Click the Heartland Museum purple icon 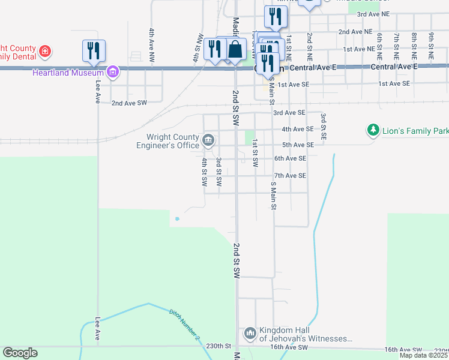[x=112, y=73]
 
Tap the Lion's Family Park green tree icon [x=373, y=130]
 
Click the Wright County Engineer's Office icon [x=208, y=140]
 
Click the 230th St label [x=218, y=346]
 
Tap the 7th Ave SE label [x=290, y=176]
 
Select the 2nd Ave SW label [x=129, y=103]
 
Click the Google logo [x=20, y=353]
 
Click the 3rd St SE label [x=323, y=126]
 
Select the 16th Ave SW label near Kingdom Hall [x=289, y=347]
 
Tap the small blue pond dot [x=176, y=218]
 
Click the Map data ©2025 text [x=423, y=355]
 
